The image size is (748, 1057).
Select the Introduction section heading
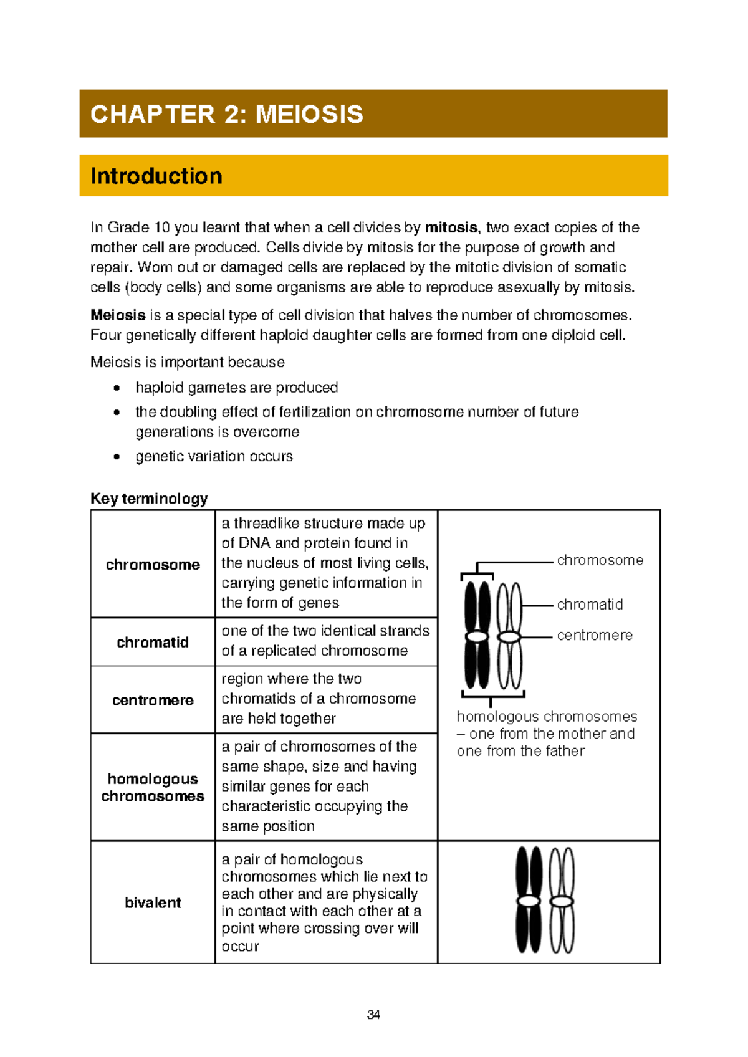pyautogui.click(x=156, y=176)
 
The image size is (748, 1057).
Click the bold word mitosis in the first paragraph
pyautogui.click(x=451, y=227)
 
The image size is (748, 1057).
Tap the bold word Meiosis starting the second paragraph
pyautogui.click(x=118, y=315)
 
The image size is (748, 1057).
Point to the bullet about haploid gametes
pyautogui.click(x=236, y=388)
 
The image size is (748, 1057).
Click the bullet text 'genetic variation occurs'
pyautogui.click(x=214, y=456)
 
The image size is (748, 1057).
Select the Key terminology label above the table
pyautogui.click(x=149, y=499)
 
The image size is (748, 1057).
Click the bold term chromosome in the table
pyautogui.click(x=153, y=565)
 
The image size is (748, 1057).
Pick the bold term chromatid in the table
pyautogui.click(x=153, y=643)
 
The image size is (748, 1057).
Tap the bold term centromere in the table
pyautogui.click(x=153, y=701)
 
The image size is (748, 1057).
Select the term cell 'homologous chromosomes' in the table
pyautogui.click(x=153, y=788)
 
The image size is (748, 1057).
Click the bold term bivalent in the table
pyautogui.click(x=153, y=902)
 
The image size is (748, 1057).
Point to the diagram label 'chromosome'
pyautogui.click(x=600, y=560)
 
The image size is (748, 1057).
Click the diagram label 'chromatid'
pyautogui.click(x=590, y=605)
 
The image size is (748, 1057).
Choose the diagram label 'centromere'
pyautogui.click(x=595, y=635)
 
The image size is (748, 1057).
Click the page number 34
pyautogui.click(x=373, y=1015)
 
